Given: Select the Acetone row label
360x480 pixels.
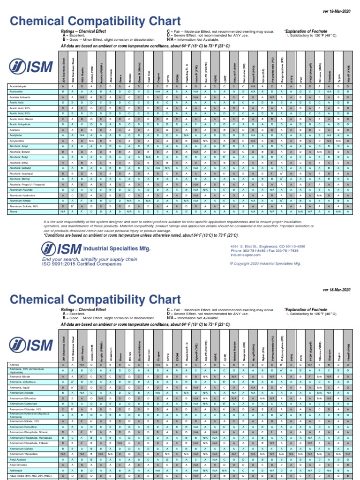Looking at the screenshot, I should point(15,130).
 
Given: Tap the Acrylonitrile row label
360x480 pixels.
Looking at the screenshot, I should point(17,141).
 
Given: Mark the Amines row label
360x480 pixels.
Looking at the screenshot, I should point(14,364).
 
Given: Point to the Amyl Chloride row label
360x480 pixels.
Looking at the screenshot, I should point(18,465).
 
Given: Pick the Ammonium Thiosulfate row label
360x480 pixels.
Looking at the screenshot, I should point(24,454).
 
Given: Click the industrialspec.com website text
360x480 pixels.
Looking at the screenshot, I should point(244,255).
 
